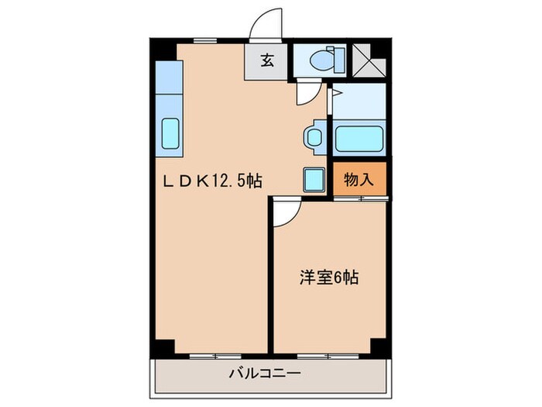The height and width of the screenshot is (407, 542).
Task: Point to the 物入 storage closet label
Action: (x=359, y=180)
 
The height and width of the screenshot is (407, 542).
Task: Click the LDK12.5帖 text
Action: (x=210, y=181)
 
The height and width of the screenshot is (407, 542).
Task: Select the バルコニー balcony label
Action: (x=264, y=374)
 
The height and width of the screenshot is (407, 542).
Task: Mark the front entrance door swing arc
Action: (x=267, y=23)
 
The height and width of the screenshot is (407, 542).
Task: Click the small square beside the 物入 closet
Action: (x=314, y=180)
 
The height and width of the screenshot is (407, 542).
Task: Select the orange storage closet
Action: (x=359, y=180)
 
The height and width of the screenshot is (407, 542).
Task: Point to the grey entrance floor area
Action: (x=266, y=62)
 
